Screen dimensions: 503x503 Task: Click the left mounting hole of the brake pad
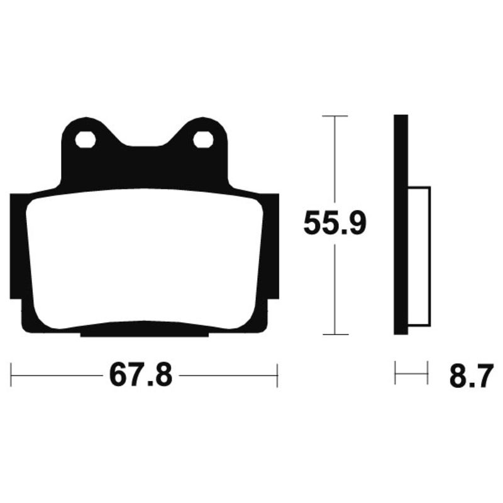(85, 140)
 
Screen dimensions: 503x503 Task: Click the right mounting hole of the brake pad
(202, 140)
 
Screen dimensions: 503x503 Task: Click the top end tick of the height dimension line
(334, 116)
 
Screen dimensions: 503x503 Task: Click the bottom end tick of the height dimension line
(334, 334)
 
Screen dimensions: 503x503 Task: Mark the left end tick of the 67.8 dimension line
(13, 375)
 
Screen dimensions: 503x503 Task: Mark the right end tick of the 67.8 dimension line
(277, 375)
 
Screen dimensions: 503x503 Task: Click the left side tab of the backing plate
(16, 245)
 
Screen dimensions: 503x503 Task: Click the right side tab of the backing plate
(272, 245)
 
